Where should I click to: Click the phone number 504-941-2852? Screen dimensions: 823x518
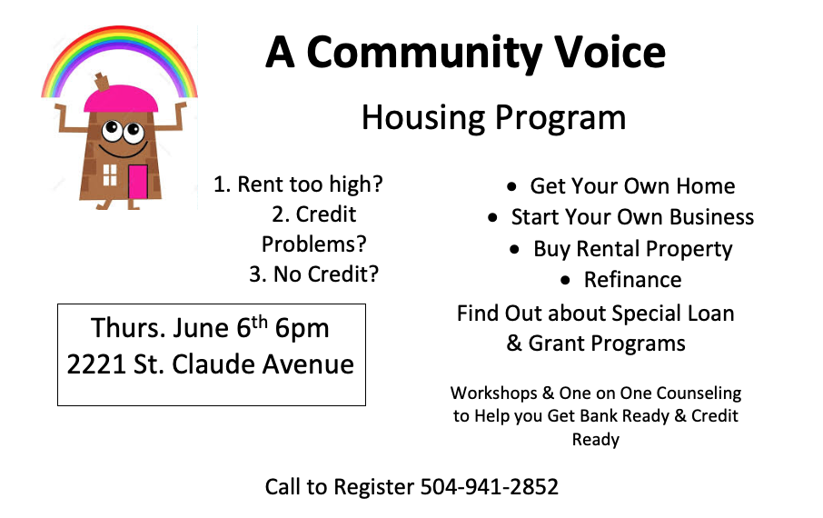tap(490, 486)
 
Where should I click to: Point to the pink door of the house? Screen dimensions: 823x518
tap(138, 182)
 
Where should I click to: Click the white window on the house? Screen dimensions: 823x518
tap(110, 174)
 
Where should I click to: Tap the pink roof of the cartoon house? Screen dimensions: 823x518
tap(121, 99)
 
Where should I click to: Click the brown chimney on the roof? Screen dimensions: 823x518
tap(102, 82)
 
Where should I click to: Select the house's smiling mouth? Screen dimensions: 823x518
tap(123, 151)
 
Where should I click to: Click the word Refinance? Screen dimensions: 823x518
tap(632, 280)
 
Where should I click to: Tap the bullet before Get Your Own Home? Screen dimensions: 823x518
tap(511, 186)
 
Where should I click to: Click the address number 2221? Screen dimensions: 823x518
tap(96, 364)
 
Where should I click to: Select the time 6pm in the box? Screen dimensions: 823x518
tap(302, 329)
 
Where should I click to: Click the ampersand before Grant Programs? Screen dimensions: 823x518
tap(514, 343)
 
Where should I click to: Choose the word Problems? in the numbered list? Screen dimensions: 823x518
tap(314, 244)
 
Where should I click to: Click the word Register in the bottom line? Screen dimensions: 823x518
tap(373, 488)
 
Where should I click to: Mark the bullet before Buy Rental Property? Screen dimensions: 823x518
tap(514, 249)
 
